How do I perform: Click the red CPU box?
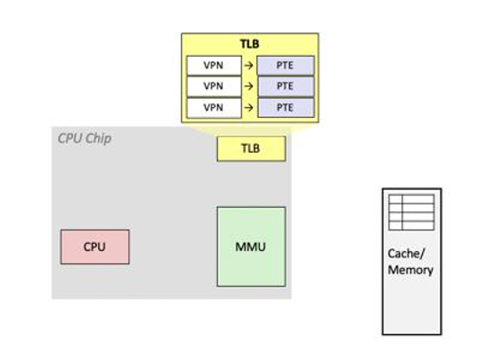[x=94, y=247]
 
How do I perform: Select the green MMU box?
[x=251, y=247]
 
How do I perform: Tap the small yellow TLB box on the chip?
[x=251, y=148]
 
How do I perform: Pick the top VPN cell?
[x=213, y=66]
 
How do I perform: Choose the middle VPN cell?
[x=213, y=86]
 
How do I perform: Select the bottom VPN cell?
[x=213, y=107]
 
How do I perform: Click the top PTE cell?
[x=285, y=66]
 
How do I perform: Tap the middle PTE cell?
[x=285, y=86]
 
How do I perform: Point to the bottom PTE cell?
[x=285, y=107]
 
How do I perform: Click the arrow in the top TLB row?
[x=249, y=66]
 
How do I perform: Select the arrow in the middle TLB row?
[x=249, y=86]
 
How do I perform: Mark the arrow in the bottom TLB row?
[x=249, y=107]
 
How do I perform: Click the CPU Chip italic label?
[x=85, y=139]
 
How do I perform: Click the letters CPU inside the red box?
[x=94, y=247]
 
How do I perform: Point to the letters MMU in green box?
[x=251, y=247]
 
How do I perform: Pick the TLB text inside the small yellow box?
[x=251, y=148]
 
